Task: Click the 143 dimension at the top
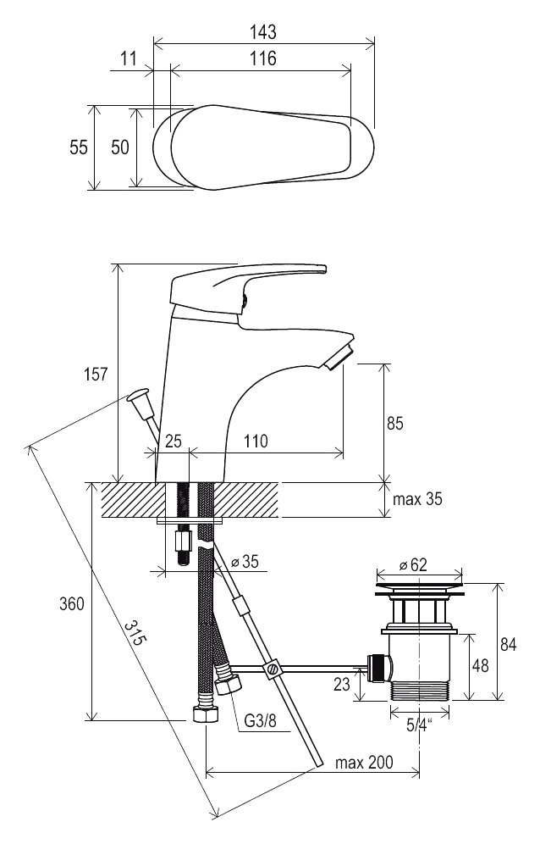click(264, 32)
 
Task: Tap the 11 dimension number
click(129, 58)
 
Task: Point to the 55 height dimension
click(79, 147)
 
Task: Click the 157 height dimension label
click(96, 374)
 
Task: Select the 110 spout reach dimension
click(255, 441)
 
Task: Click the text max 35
click(417, 499)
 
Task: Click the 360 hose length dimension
click(72, 604)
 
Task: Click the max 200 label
click(365, 763)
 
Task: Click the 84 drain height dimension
click(507, 644)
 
